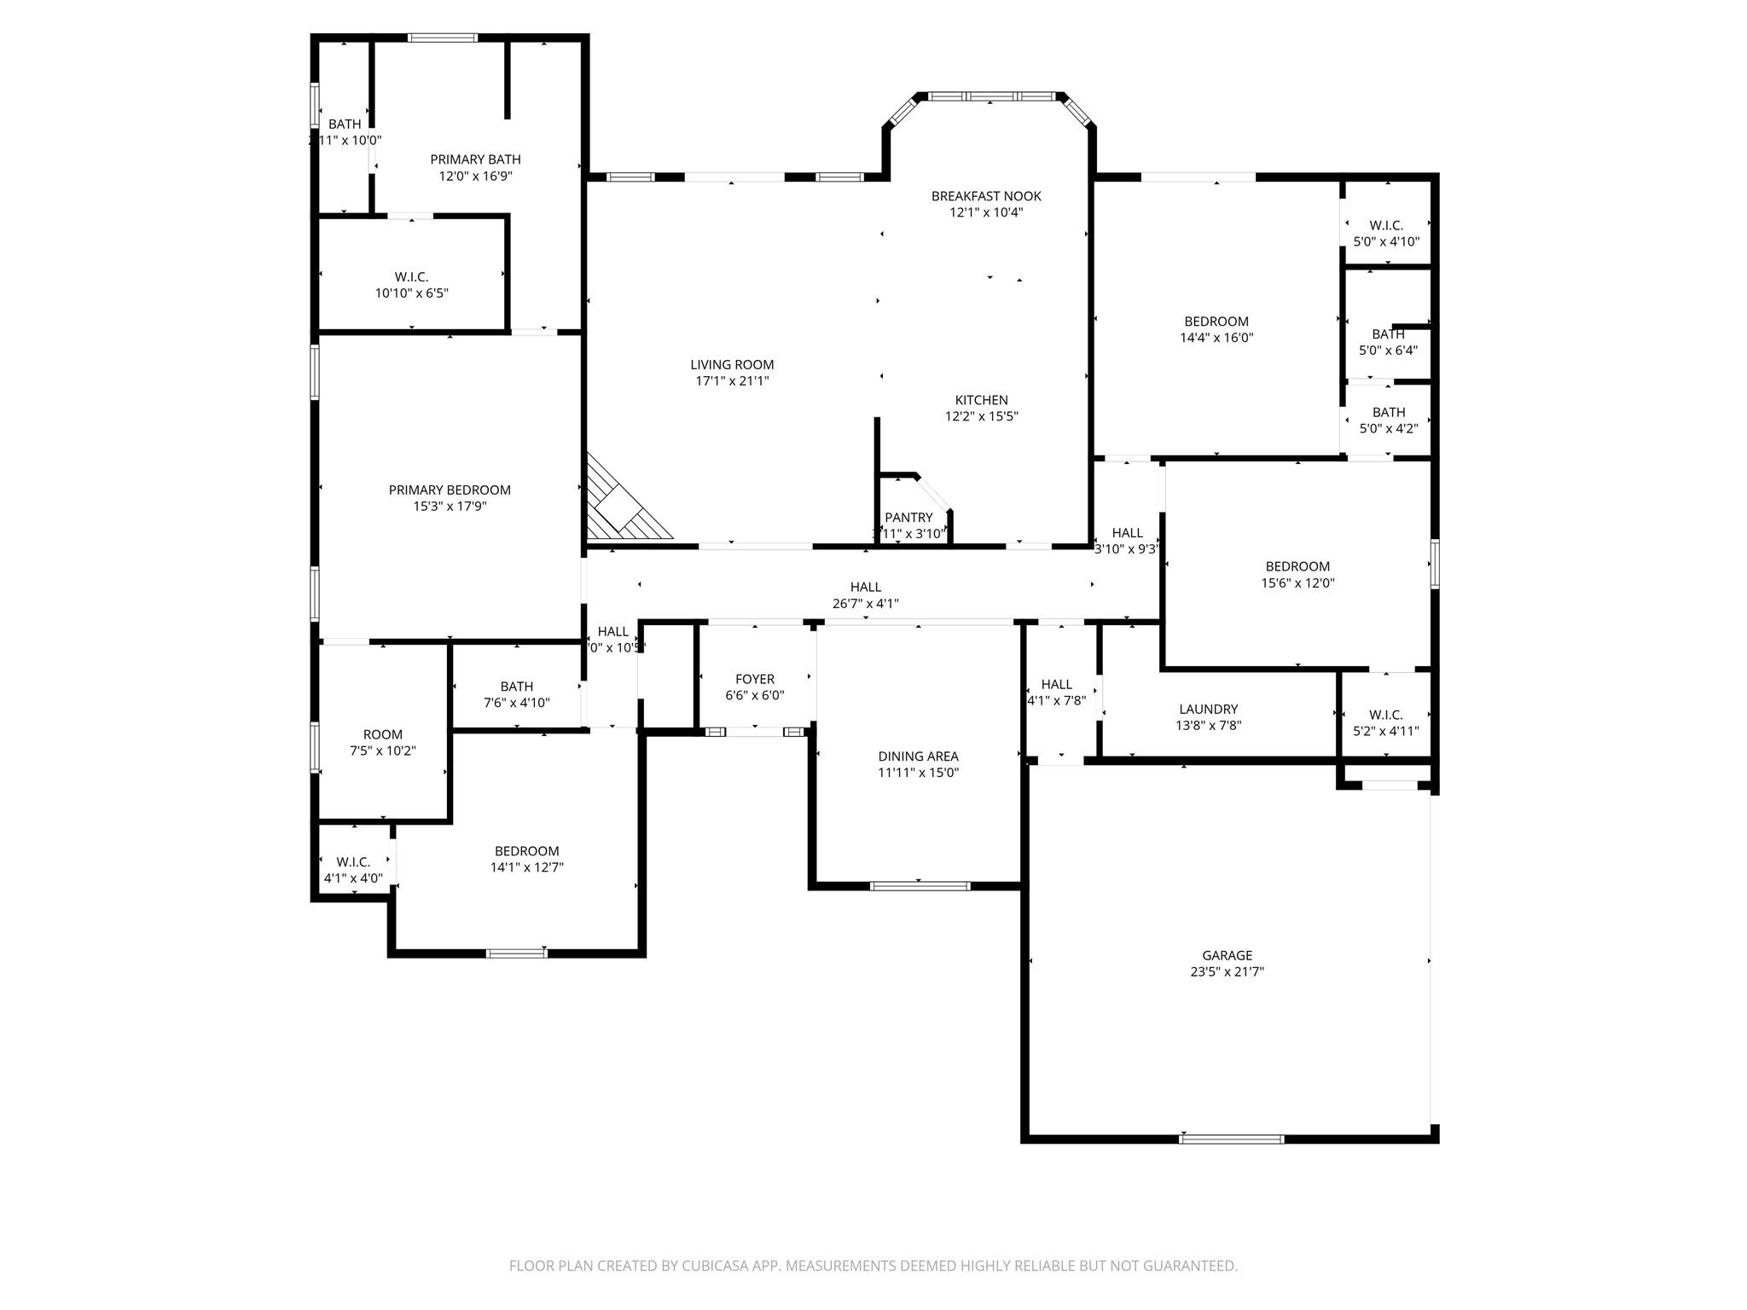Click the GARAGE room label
1227,955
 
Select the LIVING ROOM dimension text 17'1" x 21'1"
732,381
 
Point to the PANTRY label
908,517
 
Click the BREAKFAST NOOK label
986,196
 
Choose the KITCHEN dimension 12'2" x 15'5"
981,416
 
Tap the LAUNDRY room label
1208,709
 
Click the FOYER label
754,679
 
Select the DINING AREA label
918,756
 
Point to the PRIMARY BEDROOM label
450,490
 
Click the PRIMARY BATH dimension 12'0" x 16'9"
475,176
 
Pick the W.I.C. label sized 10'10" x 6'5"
411,277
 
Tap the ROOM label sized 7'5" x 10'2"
382,734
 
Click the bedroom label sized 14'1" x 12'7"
526,851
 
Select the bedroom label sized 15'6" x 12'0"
1297,566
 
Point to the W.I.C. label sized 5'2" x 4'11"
1385,715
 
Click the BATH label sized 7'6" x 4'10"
516,687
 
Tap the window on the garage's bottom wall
1231,1139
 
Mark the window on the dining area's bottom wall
920,886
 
